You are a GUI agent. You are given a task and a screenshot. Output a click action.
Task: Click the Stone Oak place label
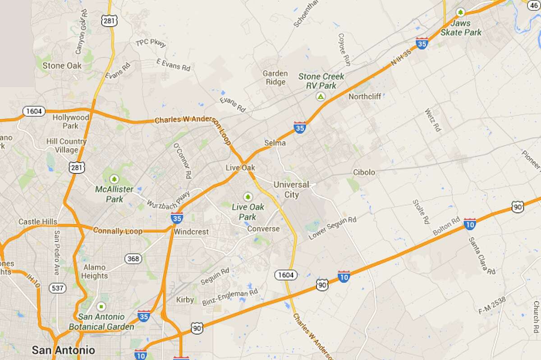(x=62, y=66)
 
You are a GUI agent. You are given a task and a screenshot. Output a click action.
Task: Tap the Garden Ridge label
(x=275, y=77)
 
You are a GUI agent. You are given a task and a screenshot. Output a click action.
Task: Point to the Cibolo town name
(x=364, y=173)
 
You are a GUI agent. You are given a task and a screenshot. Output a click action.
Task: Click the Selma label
(x=275, y=143)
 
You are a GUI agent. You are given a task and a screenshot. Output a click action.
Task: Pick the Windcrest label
(x=191, y=232)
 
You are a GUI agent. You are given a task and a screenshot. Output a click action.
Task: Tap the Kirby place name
(x=185, y=300)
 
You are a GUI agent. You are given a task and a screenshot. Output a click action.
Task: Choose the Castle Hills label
(x=38, y=222)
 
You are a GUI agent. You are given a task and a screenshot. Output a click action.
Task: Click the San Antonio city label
(x=63, y=350)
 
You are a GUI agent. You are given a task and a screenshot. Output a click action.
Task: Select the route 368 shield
(x=133, y=259)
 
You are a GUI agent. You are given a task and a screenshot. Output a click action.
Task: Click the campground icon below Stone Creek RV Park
(x=320, y=96)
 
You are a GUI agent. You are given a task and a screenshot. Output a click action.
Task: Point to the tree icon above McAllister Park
(x=114, y=178)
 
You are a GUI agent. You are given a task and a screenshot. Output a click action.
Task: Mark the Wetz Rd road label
(x=432, y=120)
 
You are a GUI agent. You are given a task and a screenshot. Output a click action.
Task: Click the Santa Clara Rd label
(x=481, y=255)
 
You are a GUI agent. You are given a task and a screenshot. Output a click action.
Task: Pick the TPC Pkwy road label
(x=151, y=43)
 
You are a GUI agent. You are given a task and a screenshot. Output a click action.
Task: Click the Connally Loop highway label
(x=117, y=231)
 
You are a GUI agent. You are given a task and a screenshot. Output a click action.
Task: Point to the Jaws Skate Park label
(x=461, y=27)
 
